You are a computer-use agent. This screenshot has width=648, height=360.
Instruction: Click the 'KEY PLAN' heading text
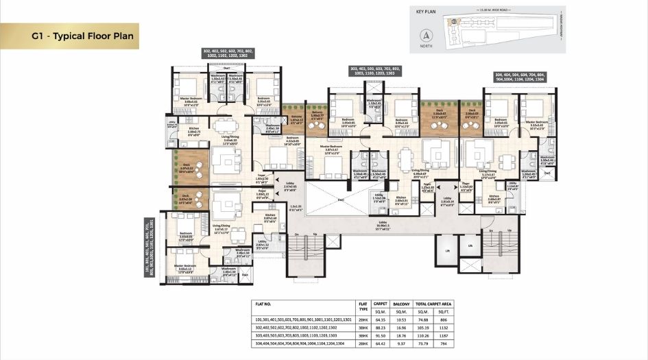point(428,12)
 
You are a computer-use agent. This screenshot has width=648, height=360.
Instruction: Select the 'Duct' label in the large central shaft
point(341,200)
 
